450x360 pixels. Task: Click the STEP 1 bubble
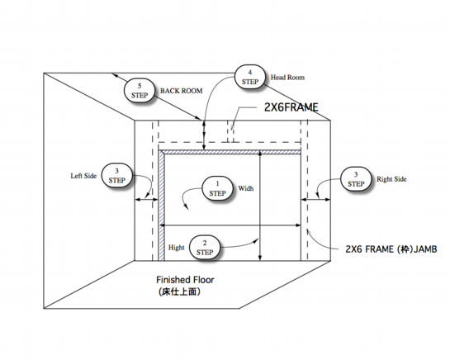(x=217, y=188)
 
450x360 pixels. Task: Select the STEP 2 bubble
(x=205, y=248)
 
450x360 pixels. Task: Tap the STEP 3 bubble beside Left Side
(x=116, y=176)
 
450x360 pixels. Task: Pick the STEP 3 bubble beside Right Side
(x=356, y=179)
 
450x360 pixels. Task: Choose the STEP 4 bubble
(x=250, y=77)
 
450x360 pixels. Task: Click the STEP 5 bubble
(x=140, y=91)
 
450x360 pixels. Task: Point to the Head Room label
(x=287, y=78)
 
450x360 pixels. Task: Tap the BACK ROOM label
(x=181, y=91)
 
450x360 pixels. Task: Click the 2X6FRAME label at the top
(x=291, y=107)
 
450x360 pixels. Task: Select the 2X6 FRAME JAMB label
(x=391, y=249)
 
